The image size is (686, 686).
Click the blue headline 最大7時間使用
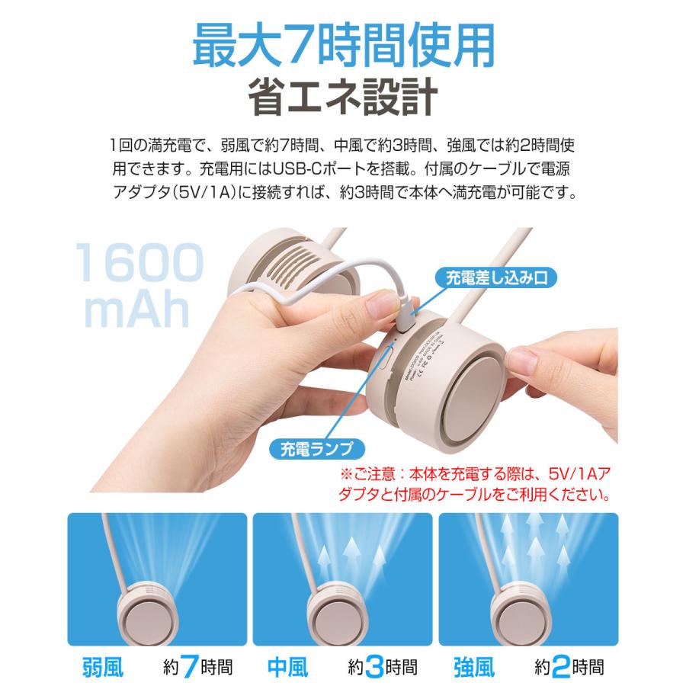343,47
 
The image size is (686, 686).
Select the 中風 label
288,667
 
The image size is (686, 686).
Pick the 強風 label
474,667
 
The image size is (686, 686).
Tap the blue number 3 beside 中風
373,667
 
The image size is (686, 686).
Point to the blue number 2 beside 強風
560,667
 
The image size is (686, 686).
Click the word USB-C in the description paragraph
307,165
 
